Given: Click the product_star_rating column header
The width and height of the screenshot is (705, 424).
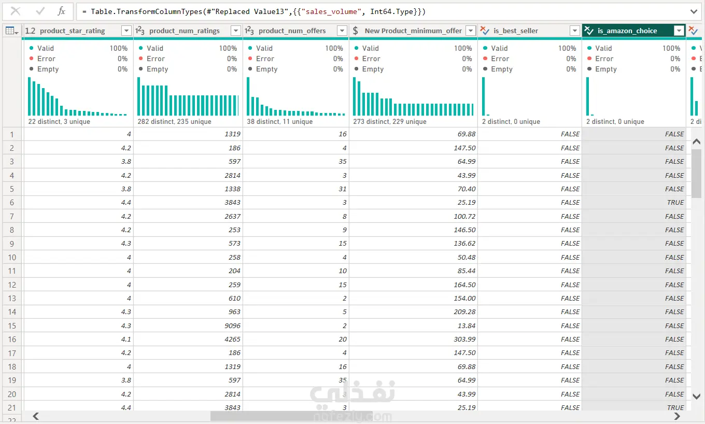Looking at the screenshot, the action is point(73,31).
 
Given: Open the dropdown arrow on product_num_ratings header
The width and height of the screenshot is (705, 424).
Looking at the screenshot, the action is point(235,31).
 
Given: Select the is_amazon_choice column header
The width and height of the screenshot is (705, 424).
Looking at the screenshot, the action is point(627,31).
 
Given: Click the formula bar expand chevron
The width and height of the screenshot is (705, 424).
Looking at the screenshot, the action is point(694,11).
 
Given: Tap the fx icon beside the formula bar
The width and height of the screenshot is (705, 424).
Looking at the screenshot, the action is point(61,11).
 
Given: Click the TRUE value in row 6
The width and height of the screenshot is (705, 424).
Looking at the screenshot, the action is point(675,202).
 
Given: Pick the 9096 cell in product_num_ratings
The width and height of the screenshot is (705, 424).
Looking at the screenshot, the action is point(232,326).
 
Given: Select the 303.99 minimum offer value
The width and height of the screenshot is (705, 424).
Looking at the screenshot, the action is point(464,340).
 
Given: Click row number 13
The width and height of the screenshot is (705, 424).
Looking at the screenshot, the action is point(12,299).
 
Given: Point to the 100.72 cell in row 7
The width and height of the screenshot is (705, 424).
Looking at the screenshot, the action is point(464,216).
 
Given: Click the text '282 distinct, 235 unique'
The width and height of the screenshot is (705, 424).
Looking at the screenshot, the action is point(174,121).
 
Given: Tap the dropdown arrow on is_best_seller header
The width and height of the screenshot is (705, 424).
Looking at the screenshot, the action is point(575,31).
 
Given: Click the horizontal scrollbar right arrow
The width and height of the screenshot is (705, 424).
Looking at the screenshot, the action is point(677,416).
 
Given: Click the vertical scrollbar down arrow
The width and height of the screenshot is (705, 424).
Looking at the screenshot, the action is point(697,397).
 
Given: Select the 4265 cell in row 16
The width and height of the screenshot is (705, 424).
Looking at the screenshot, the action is point(232,340).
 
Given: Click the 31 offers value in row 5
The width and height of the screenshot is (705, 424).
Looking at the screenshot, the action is point(343,189).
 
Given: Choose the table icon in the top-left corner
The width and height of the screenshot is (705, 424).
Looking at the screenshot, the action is point(12,31).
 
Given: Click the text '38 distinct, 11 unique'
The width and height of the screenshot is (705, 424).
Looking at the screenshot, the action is point(280,121).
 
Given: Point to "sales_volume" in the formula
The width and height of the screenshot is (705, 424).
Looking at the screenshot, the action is point(331,11).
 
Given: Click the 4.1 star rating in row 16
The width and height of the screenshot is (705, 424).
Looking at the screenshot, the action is point(126,340).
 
